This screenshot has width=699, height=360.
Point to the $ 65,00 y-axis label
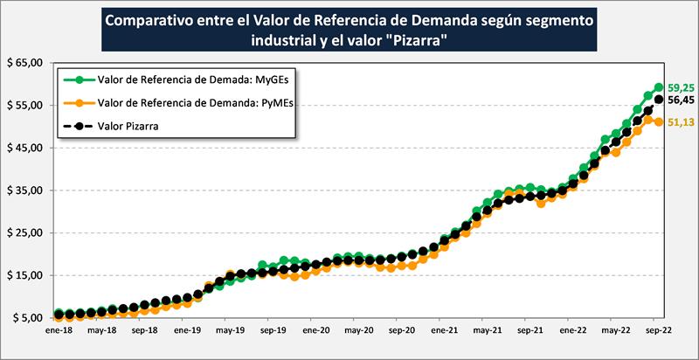[x=25, y=63]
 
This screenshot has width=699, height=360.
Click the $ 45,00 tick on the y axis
[x=25, y=148]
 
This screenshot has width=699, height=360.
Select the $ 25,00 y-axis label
[x=25, y=233]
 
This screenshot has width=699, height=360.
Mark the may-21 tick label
[x=486, y=333]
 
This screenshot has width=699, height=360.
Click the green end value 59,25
[x=681, y=87]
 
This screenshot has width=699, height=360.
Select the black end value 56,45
[x=681, y=100]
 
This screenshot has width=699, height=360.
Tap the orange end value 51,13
[x=681, y=122]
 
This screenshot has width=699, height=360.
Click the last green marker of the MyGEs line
[x=658, y=87]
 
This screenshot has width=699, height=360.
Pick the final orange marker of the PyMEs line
[x=658, y=121]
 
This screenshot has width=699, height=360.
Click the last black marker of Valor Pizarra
[x=658, y=100]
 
